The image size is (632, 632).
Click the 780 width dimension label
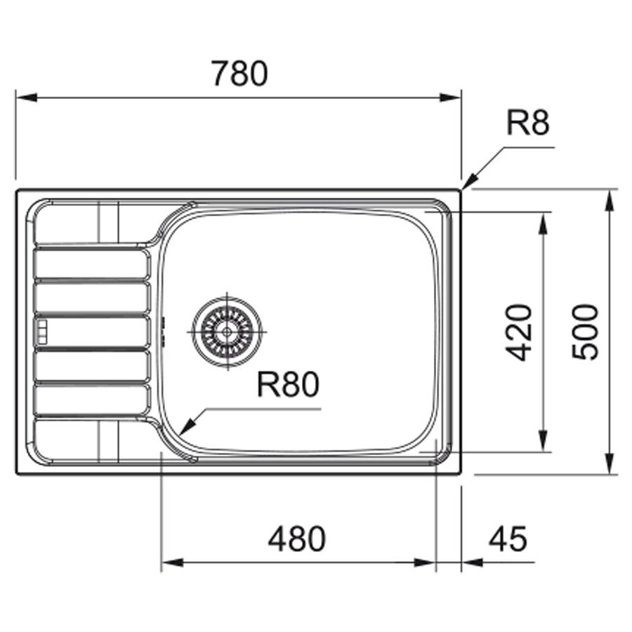pos(239,73)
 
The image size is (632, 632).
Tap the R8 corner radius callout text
pos(527,124)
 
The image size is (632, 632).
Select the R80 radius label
pos(288,384)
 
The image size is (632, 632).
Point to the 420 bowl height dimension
pos(519,333)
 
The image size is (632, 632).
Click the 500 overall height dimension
pos(585,332)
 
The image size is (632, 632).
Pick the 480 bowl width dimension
pos(297,539)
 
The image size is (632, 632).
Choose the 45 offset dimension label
pos(508,539)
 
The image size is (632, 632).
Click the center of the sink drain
pos(228,331)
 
